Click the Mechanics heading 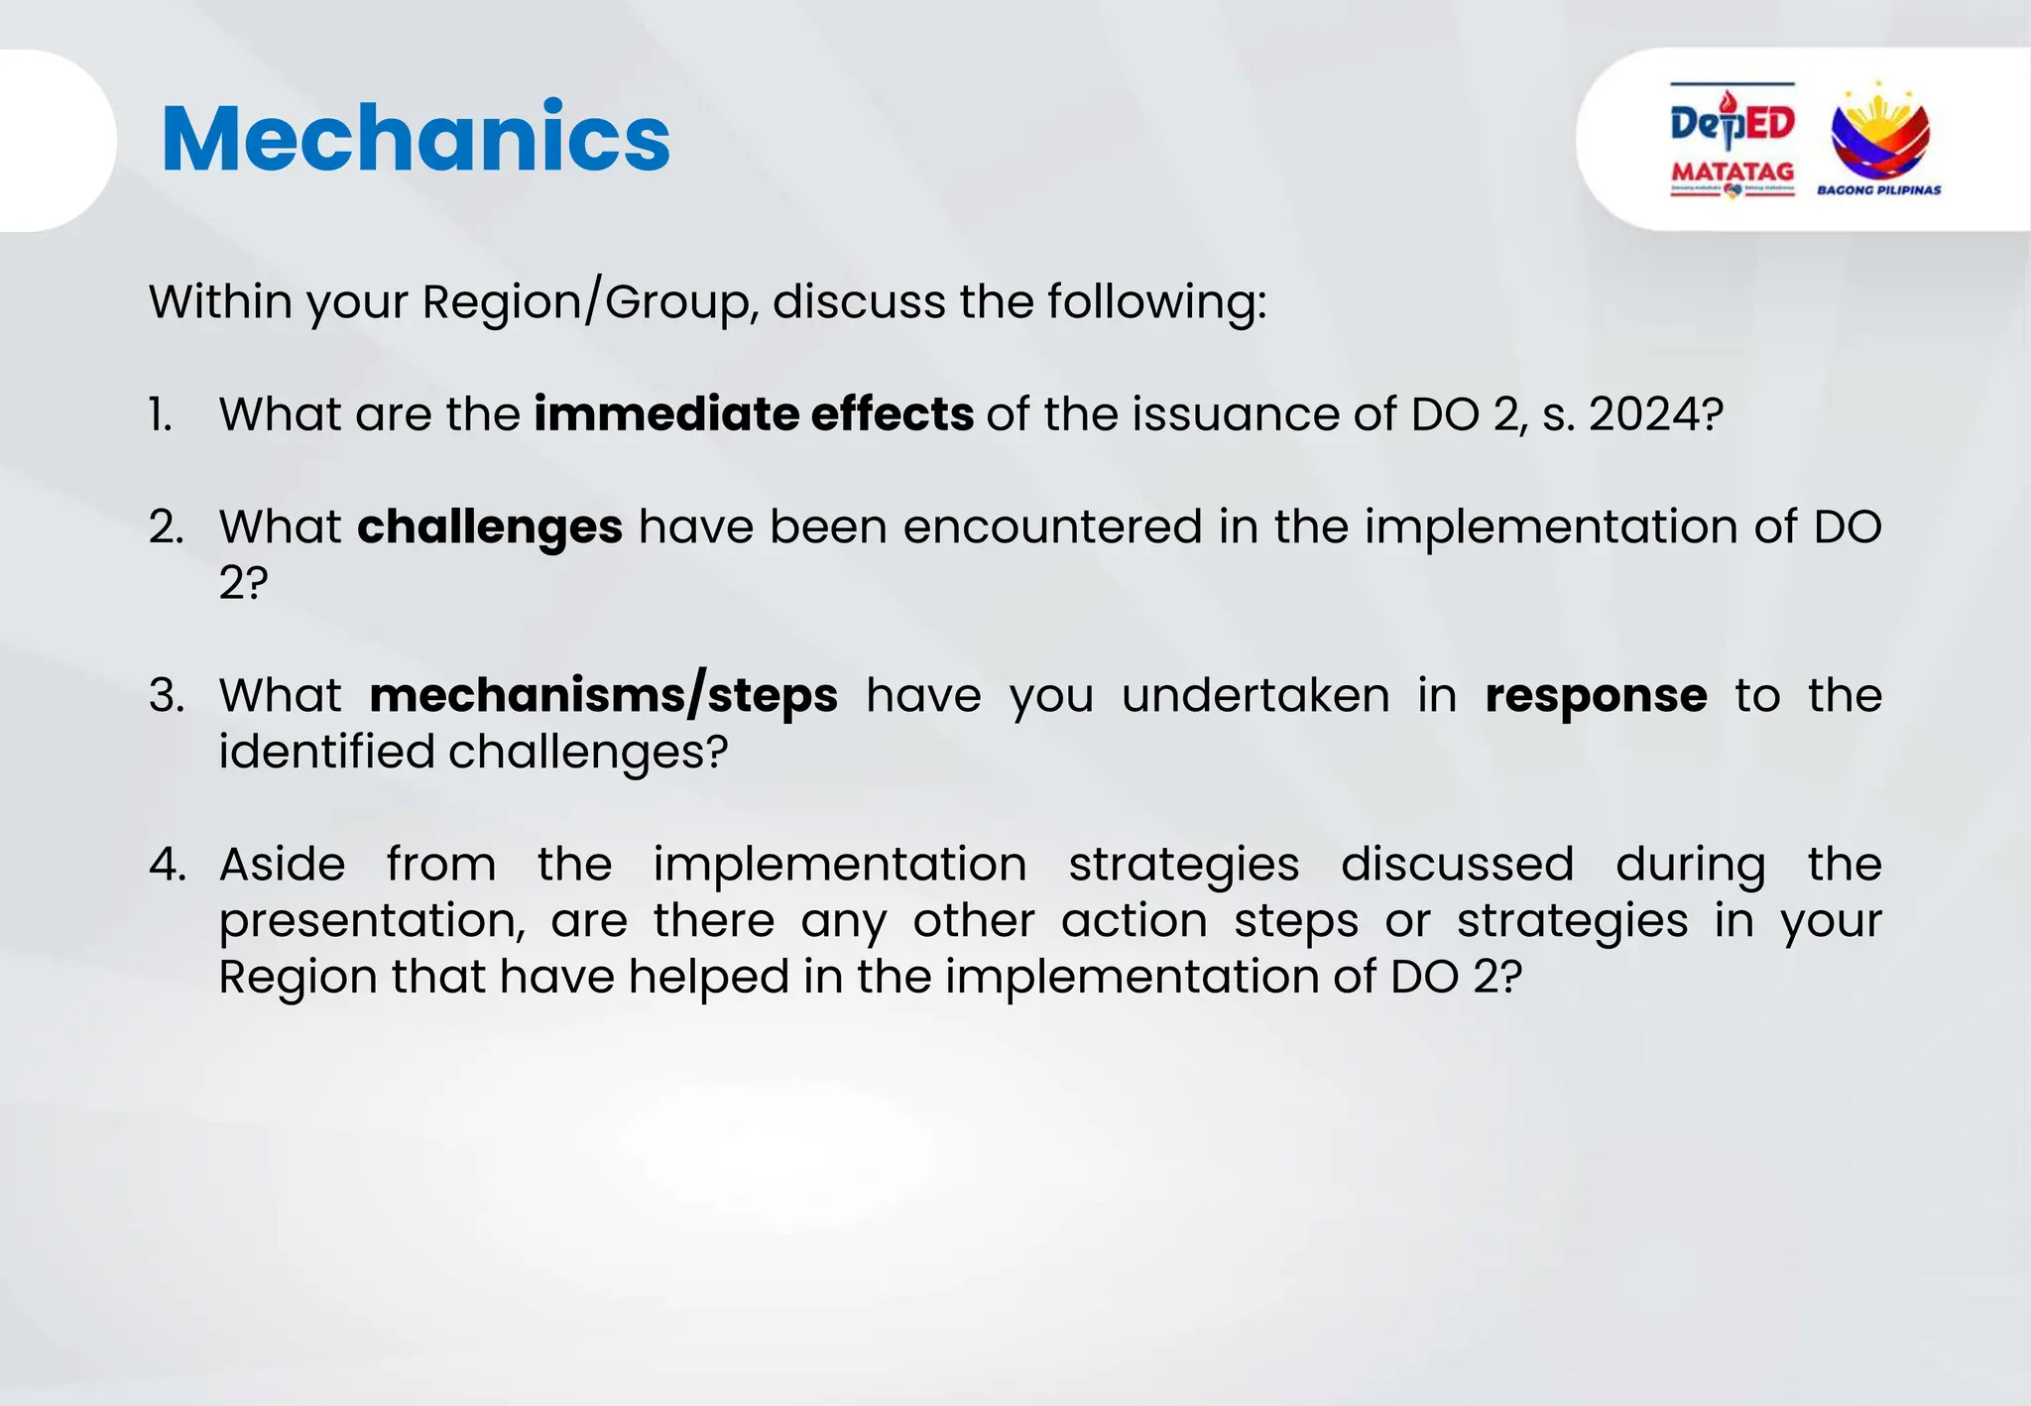coord(415,139)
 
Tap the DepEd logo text coord(1732,124)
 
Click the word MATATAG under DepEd coord(1732,171)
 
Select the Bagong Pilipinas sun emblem coord(1879,134)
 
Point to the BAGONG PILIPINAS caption coord(1878,189)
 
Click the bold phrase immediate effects coord(753,414)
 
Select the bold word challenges coord(490,527)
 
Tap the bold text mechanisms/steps coord(603,695)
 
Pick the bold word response coord(1596,695)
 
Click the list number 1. coord(161,414)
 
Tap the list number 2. coord(166,527)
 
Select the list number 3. coord(167,695)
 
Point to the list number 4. coord(167,865)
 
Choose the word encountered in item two coord(1051,527)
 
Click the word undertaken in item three coord(1254,695)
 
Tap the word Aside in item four coord(282,865)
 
